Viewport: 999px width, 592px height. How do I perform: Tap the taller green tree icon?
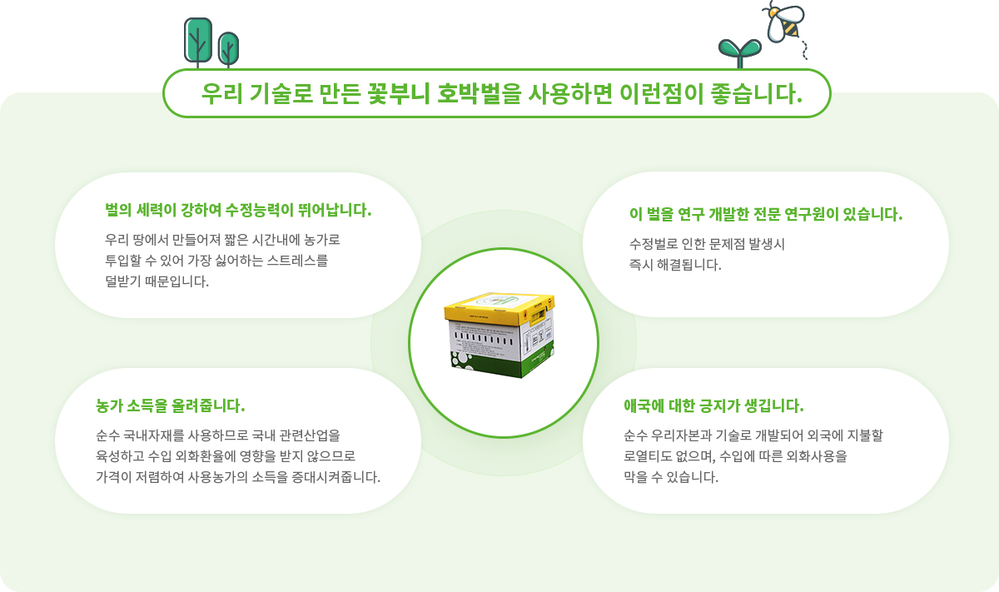(x=198, y=42)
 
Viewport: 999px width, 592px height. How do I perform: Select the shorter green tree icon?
(x=228, y=49)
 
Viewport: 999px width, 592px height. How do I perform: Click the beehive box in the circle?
(x=499, y=336)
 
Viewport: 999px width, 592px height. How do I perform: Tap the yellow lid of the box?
(x=499, y=308)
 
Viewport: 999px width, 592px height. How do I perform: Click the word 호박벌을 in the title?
(x=479, y=94)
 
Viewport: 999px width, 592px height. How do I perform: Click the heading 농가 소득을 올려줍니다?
(x=171, y=406)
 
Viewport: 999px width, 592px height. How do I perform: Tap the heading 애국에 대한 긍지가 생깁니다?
(x=713, y=406)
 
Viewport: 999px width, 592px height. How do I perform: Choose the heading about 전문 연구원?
(x=766, y=214)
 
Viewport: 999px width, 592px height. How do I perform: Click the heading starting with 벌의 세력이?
(x=238, y=210)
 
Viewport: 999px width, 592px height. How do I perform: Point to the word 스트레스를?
(x=297, y=261)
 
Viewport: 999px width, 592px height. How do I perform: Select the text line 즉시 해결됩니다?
(x=675, y=265)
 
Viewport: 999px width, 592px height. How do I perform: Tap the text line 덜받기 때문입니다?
(x=157, y=281)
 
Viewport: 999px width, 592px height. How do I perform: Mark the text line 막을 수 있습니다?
(x=671, y=477)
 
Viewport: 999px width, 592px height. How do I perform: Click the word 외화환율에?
(x=205, y=456)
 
